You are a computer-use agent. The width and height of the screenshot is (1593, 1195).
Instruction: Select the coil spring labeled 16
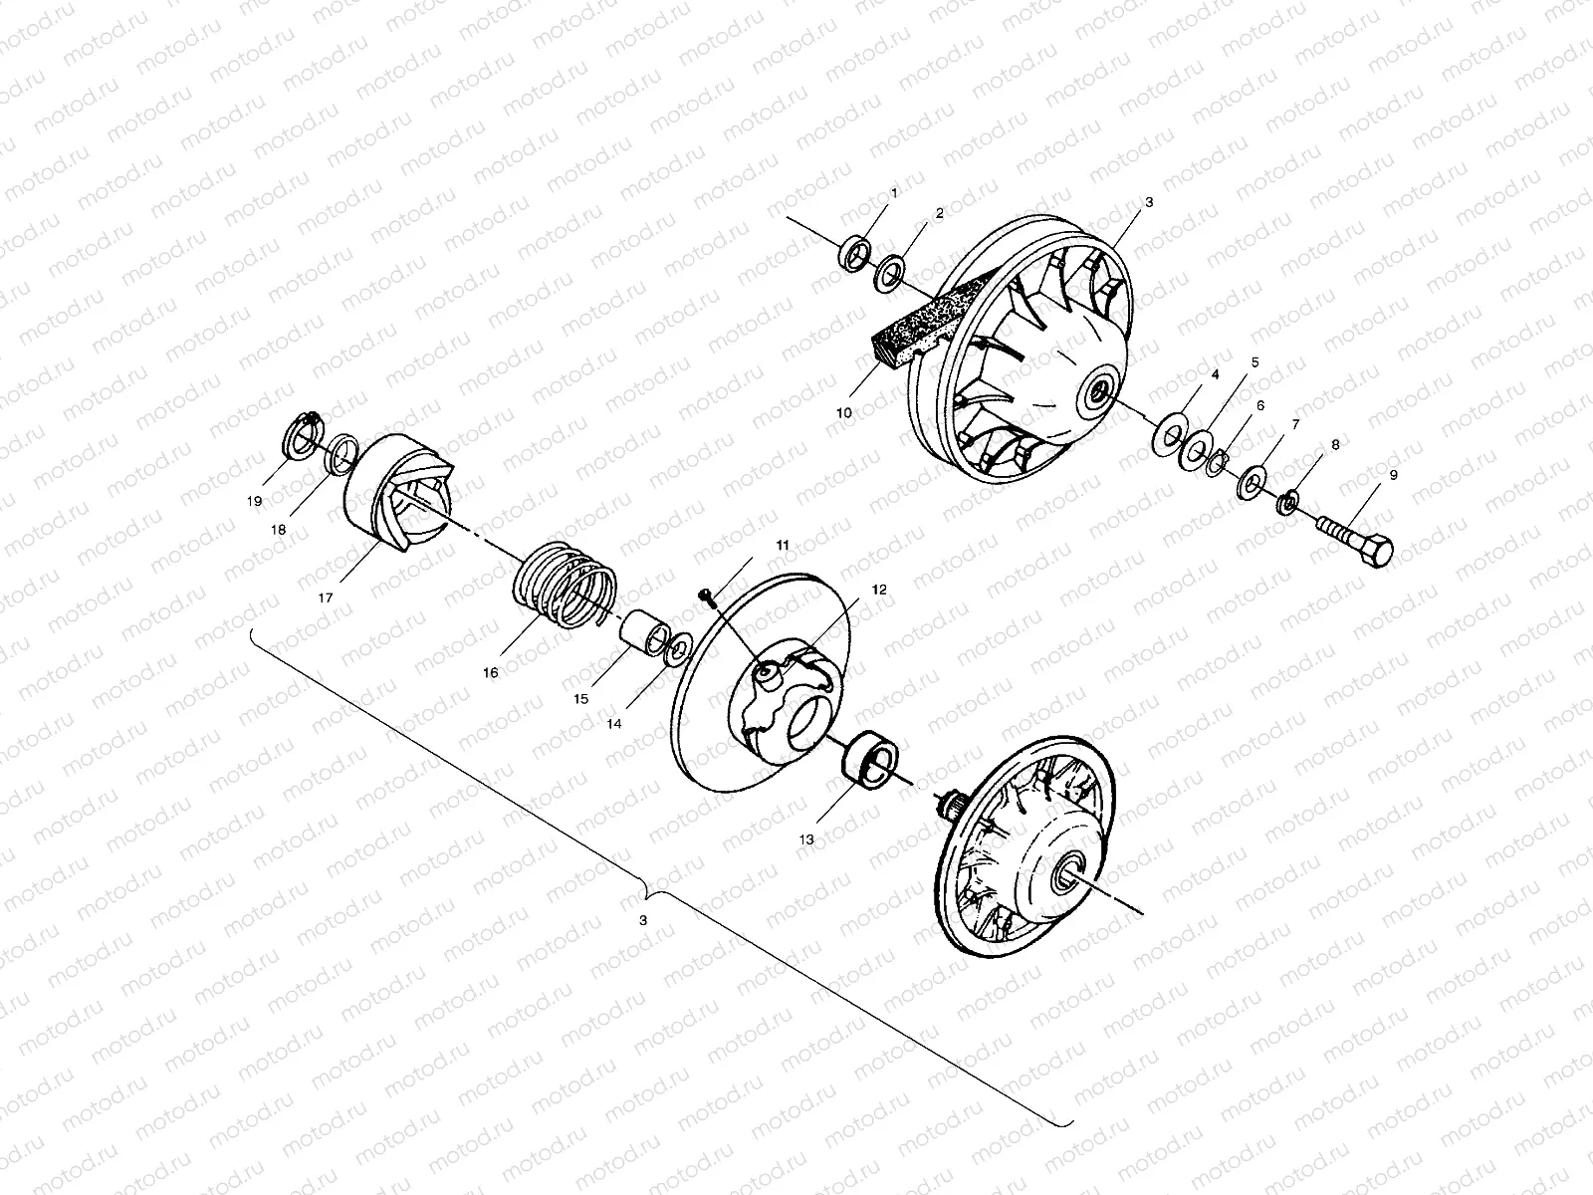(565, 585)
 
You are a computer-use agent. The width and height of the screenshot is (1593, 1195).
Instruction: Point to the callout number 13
(806, 839)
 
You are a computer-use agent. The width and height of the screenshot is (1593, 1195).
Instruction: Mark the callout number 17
(326, 597)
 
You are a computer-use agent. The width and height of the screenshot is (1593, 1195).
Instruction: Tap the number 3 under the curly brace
(643, 921)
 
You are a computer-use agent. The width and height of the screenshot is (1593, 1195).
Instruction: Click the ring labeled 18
(341, 452)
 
